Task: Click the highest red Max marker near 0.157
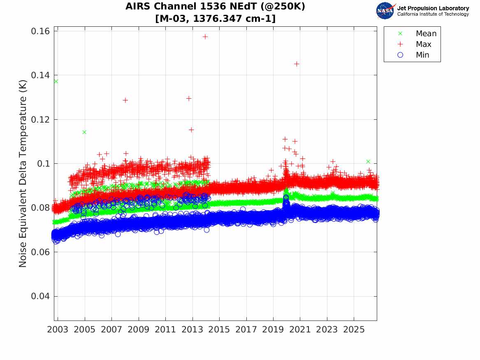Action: (x=205, y=37)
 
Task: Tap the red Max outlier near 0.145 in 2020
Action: (x=296, y=64)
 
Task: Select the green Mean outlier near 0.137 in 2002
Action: (x=56, y=81)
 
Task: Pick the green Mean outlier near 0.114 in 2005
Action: (x=84, y=132)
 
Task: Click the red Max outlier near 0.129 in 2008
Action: (x=125, y=100)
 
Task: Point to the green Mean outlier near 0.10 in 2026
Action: (x=368, y=162)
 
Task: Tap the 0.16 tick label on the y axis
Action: (x=40, y=31)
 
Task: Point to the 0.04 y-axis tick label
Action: (x=40, y=296)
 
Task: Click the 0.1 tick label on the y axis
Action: (x=44, y=164)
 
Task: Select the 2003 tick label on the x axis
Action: (x=58, y=330)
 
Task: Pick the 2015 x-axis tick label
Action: (x=219, y=330)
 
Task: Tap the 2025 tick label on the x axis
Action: (x=354, y=330)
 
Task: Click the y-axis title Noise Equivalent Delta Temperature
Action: (x=23, y=174)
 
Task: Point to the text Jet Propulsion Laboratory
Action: (x=433, y=8)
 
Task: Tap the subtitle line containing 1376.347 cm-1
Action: (x=216, y=19)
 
